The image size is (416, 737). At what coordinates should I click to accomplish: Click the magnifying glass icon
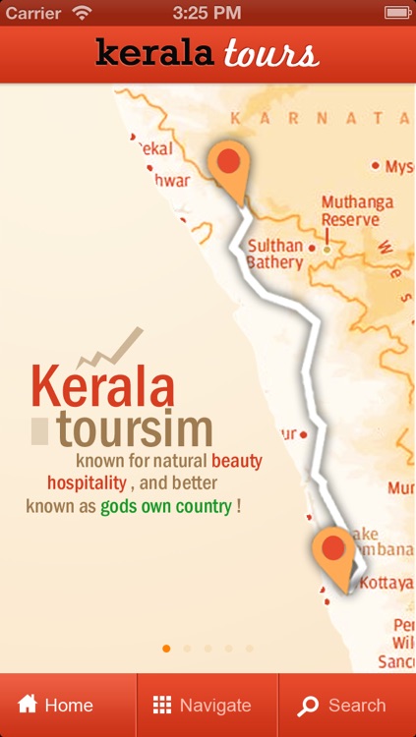click(x=308, y=706)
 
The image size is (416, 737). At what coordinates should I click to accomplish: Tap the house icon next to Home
click(x=28, y=704)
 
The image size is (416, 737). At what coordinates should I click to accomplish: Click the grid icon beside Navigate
click(x=162, y=705)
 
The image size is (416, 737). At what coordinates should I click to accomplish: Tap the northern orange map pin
click(x=229, y=163)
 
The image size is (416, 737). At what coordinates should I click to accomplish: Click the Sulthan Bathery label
click(x=274, y=255)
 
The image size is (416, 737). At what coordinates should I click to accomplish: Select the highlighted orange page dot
click(x=166, y=649)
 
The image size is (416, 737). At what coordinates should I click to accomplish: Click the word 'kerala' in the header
click(x=154, y=53)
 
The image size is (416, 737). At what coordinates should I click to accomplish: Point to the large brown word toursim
click(x=135, y=429)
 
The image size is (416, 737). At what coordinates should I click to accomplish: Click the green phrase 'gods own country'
click(x=166, y=507)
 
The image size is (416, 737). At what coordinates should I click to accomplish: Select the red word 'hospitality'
click(x=87, y=483)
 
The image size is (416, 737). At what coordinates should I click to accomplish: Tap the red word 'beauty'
click(x=237, y=460)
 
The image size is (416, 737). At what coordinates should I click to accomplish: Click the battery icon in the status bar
click(x=396, y=13)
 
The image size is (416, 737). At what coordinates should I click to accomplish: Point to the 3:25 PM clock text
click(x=207, y=13)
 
